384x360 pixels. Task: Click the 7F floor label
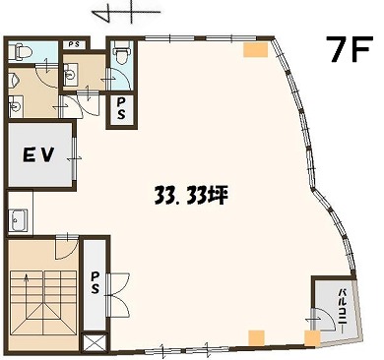tap(350, 49)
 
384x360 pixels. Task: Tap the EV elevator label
tap(38, 154)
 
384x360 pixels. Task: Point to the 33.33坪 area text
tap(191, 197)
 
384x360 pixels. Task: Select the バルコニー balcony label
tap(343, 308)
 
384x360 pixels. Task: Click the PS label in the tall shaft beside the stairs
tap(95, 283)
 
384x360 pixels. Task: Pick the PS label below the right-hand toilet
tap(121, 108)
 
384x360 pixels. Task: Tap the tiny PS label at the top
tap(75, 44)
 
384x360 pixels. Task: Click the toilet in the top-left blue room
tap(20, 52)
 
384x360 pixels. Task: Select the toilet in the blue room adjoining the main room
tap(121, 52)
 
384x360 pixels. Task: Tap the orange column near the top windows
tap(256, 50)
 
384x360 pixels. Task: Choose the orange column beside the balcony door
tap(312, 338)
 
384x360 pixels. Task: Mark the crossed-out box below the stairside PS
tap(95, 342)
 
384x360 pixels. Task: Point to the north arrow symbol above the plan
tap(126, 14)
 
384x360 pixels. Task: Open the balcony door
tap(322, 319)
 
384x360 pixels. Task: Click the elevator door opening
tap(75, 158)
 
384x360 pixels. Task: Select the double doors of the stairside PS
tap(118, 295)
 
